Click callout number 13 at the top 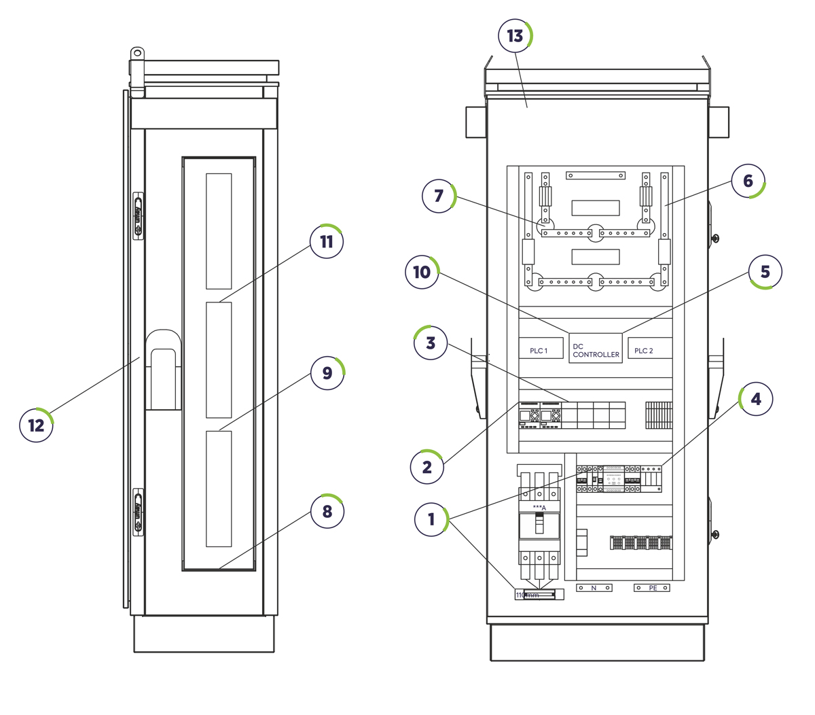[x=515, y=36]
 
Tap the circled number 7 [x=439, y=196]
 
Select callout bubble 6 [x=748, y=181]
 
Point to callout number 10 [x=422, y=273]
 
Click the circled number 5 [x=765, y=272]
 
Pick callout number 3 [x=431, y=343]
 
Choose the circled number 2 [x=427, y=467]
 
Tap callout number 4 [x=755, y=399]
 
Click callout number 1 [x=431, y=520]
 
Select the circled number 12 [x=36, y=425]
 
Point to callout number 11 [x=327, y=242]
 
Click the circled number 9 [x=327, y=373]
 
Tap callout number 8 [x=327, y=511]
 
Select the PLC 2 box [x=649, y=349]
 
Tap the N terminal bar [x=594, y=588]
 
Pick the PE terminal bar [x=652, y=588]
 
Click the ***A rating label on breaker [x=539, y=508]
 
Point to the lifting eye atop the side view [x=137, y=52]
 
